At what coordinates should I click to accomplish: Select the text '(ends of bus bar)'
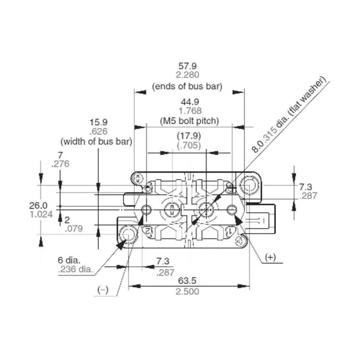pos(187,86)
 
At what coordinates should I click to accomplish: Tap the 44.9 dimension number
pos(189,102)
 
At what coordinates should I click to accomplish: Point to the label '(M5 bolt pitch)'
pos(189,121)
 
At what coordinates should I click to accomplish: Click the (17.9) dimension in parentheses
pos(189,136)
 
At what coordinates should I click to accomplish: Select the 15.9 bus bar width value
pos(99,122)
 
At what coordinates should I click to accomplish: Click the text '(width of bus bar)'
pos(96,141)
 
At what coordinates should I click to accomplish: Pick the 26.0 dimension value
pos(38,206)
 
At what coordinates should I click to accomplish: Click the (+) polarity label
pos(270,257)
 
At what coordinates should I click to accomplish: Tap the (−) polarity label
pos(103,290)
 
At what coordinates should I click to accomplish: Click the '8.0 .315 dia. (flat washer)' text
pos(288,115)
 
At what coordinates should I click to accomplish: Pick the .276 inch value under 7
pos(60,165)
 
